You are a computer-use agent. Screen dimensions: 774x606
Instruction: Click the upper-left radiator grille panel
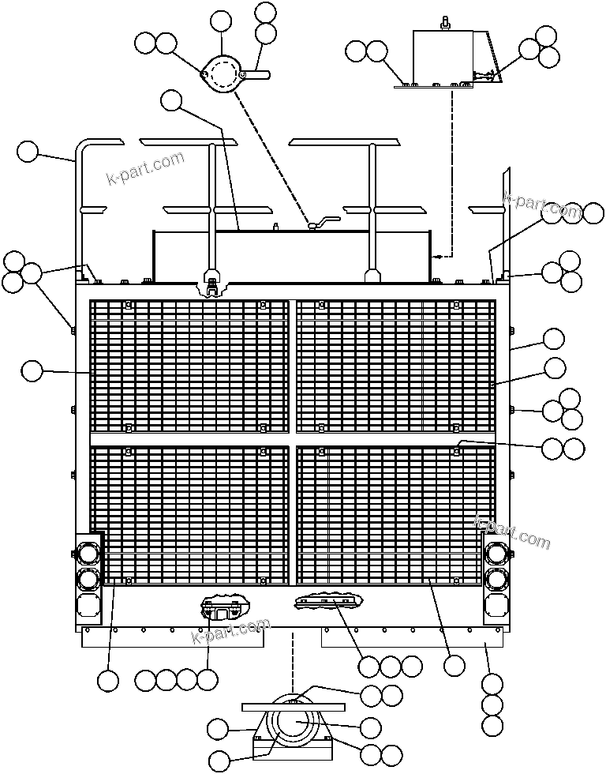coord(189,365)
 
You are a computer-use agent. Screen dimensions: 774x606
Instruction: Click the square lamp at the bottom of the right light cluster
coord(496,605)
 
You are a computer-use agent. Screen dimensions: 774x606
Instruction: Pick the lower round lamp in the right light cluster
coord(496,579)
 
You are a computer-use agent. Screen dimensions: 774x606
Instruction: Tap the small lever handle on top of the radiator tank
coord(324,223)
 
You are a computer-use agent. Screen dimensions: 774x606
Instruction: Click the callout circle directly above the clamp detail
coord(222,21)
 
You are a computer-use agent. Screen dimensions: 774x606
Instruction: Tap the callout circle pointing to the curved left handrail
coord(28,151)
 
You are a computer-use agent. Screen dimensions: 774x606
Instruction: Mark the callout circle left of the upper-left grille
coord(31,370)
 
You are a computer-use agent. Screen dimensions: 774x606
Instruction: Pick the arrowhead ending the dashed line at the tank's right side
coord(435,256)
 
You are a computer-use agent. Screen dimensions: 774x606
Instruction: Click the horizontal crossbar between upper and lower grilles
coord(292,438)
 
